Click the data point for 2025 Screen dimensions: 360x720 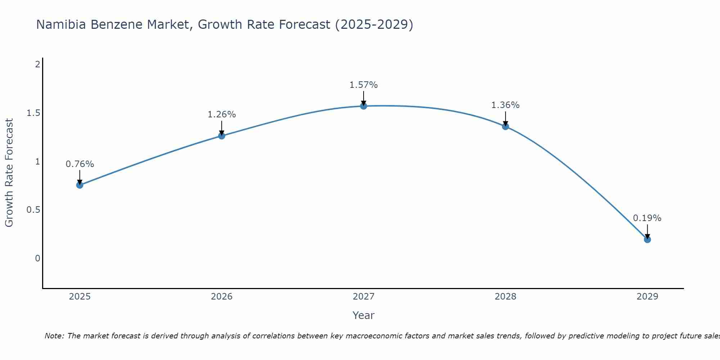coord(80,185)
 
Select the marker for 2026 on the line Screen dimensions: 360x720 coord(222,136)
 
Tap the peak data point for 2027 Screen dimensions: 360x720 coord(364,106)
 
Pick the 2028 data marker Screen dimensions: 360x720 coord(505,126)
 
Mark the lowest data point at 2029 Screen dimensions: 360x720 coord(647,239)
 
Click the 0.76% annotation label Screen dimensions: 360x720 coord(80,164)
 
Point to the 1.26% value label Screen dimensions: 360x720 coord(222,114)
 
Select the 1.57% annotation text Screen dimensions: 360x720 coord(364,85)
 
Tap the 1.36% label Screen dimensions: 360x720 coord(505,105)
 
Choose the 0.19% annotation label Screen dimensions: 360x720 coord(647,218)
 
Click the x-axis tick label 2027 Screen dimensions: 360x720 coord(364,297)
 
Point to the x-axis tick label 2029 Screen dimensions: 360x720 coord(647,297)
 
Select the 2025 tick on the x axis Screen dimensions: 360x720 coord(80,297)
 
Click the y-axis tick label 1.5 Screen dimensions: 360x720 coord(33,113)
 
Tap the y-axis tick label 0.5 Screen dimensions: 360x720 coord(33,210)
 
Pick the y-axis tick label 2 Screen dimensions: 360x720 coord(37,64)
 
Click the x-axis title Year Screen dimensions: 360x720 coord(364,315)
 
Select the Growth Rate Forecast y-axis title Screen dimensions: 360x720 coord(9,173)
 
